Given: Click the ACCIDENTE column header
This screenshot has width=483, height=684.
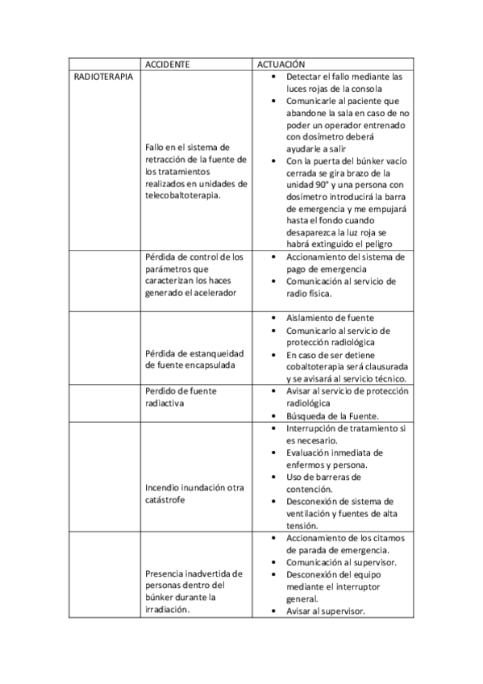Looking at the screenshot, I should tap(168, 63).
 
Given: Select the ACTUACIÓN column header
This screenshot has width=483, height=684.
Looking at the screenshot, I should tap(281, 63).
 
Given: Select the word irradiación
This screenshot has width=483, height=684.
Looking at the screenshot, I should tap(167, 610).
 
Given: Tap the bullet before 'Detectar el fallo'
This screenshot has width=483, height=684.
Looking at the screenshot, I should tap(276, 77).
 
